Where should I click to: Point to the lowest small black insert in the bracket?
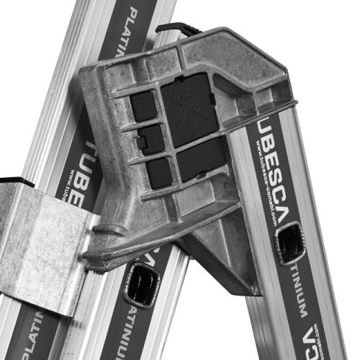[158, 171]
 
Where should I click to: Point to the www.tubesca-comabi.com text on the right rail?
[266, 187]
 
